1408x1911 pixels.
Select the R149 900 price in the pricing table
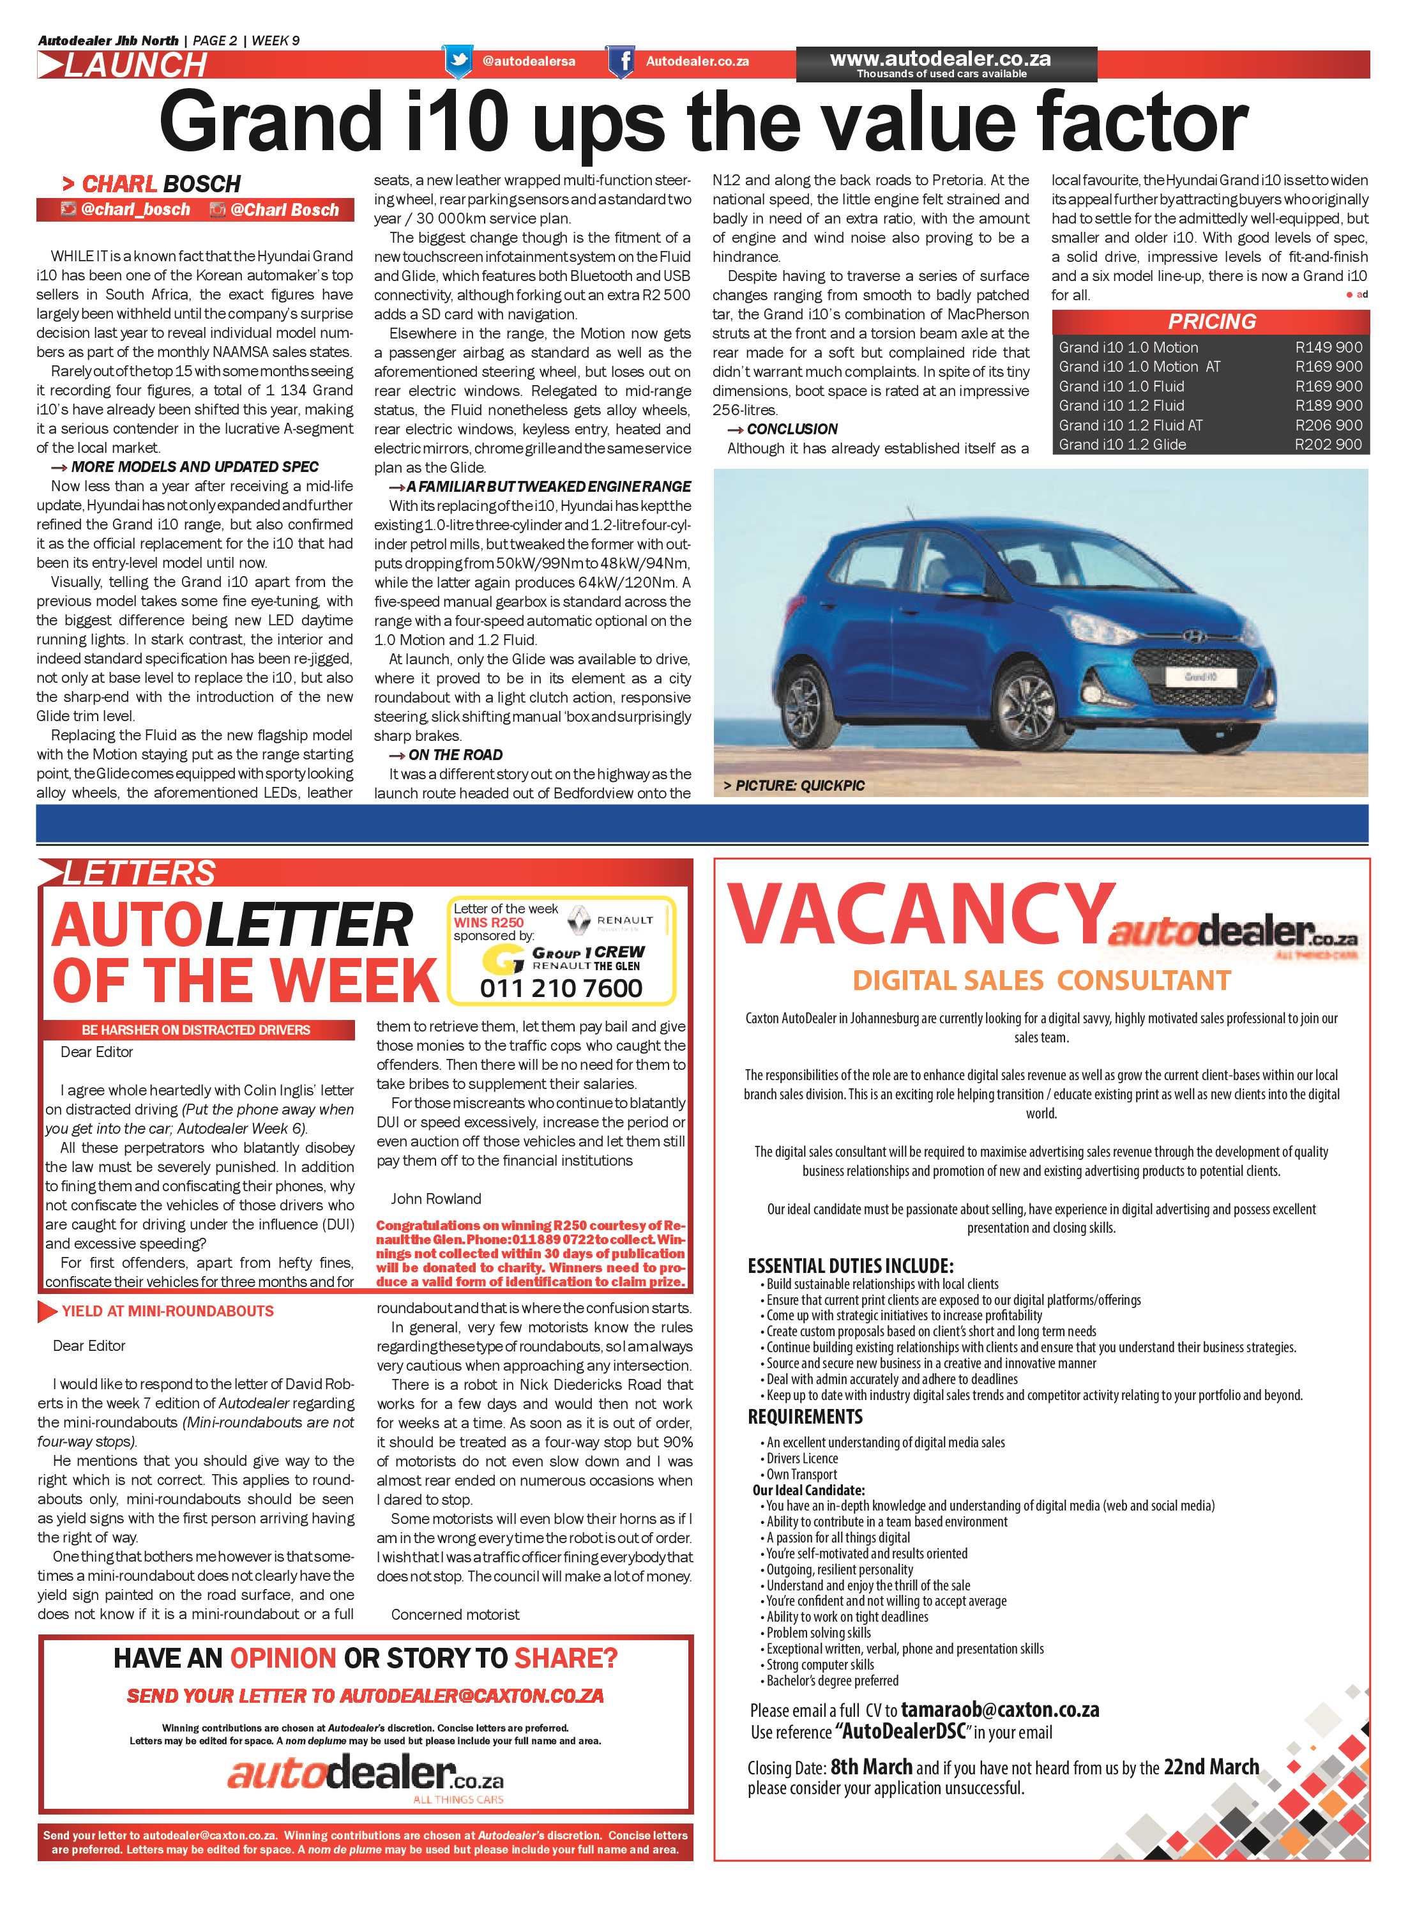[1328, 347]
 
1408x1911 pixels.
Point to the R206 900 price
[1328, 425]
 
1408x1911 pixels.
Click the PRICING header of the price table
[1211, 321]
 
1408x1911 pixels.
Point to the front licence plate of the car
[1199, 676]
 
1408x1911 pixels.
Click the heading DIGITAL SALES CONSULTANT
[1041, 980]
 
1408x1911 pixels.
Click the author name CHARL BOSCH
[160, 184]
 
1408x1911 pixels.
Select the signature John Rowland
[435, 1198]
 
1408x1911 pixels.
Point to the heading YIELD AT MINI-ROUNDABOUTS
[167, 1311]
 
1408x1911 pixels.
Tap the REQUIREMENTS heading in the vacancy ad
[805, 1416]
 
